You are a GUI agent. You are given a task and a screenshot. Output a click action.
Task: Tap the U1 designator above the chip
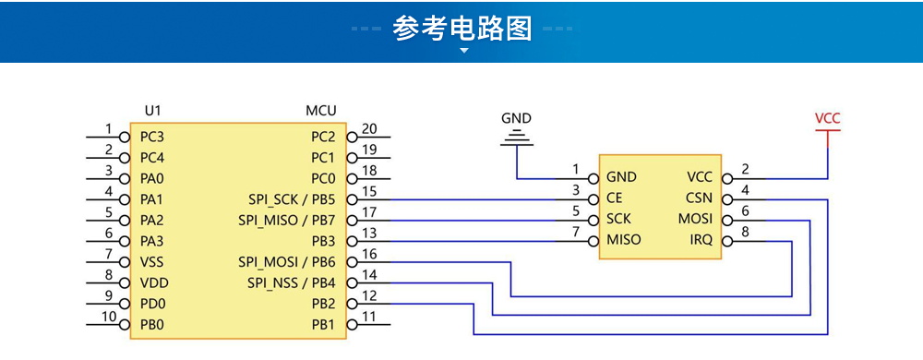point(153,111)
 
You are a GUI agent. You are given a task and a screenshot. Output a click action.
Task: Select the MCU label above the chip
point(320,111)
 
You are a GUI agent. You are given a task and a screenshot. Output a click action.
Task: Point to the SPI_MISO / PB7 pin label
point(286,220)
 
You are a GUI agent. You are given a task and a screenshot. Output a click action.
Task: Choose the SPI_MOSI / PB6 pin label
point(286,261)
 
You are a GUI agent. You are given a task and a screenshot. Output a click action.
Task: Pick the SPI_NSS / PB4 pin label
point(291,282)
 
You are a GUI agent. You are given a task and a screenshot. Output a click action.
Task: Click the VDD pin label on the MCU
point(154,282)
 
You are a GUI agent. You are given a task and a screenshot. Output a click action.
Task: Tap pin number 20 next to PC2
point(369,129)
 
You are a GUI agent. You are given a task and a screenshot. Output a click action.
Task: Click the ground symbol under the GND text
point(516,138)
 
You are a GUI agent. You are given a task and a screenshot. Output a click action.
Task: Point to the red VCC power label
point(828,118)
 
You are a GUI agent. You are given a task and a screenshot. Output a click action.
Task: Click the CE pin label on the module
point(615,198)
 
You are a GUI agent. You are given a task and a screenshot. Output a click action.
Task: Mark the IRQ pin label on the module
point(701,240)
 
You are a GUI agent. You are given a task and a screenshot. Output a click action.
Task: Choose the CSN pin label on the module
point(699,198)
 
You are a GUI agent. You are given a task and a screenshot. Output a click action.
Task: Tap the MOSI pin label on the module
point(695,219)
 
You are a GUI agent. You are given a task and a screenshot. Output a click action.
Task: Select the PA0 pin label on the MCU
point(152,177)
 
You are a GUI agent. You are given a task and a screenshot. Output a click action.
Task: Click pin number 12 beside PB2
point(369,296)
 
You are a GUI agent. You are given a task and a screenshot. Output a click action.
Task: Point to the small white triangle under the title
point(463,52)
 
